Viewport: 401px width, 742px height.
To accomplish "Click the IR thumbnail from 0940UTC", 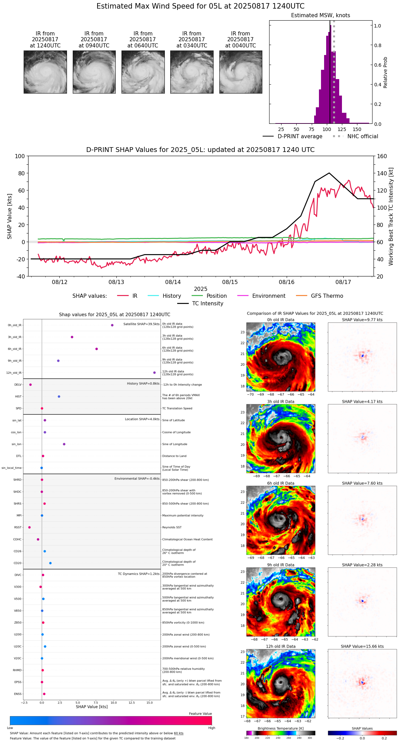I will click(x=94, y=72).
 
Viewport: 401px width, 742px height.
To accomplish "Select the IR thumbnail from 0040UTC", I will click(x=241, y=72).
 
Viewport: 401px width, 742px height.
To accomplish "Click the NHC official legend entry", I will click(x=363, y=137).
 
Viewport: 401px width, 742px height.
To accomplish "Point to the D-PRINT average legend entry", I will click(x=300, y=137).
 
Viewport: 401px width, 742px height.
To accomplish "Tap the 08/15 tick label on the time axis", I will click(x=230, y=282).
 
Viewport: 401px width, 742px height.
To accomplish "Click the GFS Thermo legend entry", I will click(x=327, y=296).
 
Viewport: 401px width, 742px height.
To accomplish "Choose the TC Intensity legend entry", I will click(x=207, y=304).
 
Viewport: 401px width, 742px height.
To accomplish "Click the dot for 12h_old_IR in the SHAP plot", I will click(x=154, y=373).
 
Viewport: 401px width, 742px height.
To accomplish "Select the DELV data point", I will click(x=31, y=385).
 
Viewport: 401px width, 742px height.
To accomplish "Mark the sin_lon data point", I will click(x=64, y=444).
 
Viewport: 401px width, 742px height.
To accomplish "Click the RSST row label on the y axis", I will click(x=18, y=527).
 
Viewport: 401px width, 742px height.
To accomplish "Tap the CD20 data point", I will click(x=50, y=563).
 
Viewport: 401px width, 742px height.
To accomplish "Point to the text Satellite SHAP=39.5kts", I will click(x=141, y=324).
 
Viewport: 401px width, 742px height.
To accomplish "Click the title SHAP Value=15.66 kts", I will click(x=362, y=646).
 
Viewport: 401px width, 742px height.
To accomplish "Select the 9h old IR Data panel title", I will click(x=280, y=565).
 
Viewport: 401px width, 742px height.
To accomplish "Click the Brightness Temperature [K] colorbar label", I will click(x=280, y=728).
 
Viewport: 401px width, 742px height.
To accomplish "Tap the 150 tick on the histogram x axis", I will click(x=357, y=130).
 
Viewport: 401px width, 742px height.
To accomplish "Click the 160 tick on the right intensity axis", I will click(x=382, y=156).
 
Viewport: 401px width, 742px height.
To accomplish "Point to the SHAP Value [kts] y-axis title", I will click(x=10, y=216).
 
